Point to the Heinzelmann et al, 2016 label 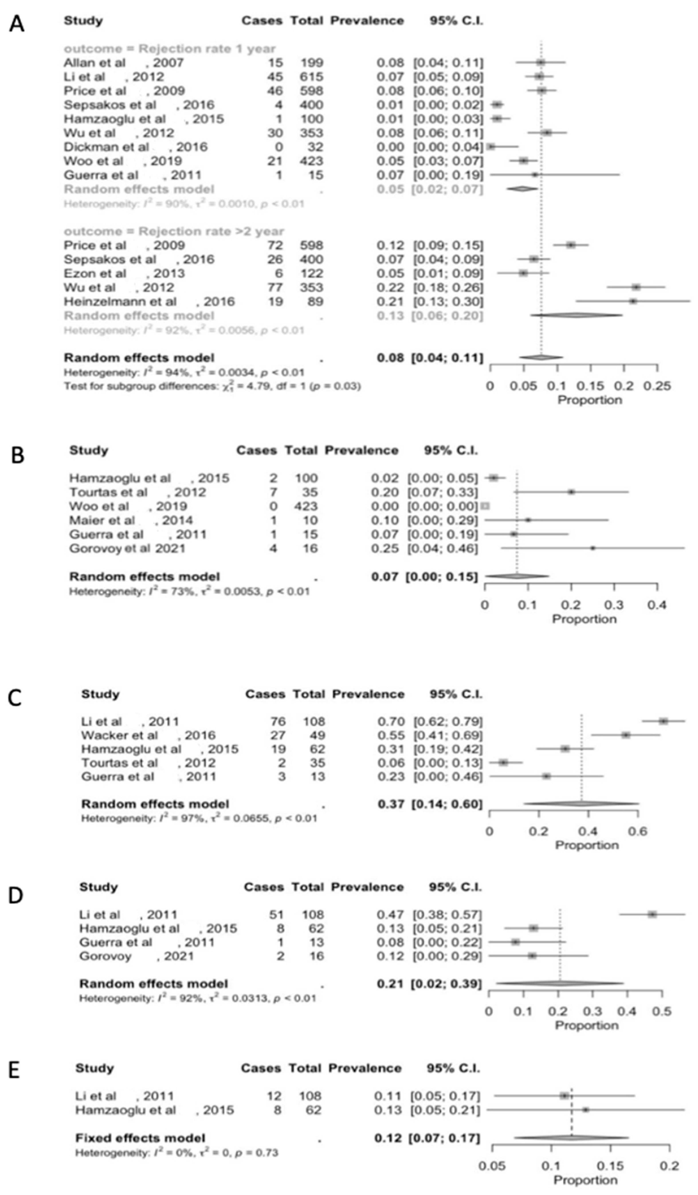point(149,302)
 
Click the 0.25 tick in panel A point(657,386)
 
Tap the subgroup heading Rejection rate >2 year point(174,231)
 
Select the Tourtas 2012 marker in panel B point(571,492)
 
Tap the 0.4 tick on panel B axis point(657,605)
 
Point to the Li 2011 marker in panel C point(663,721)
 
